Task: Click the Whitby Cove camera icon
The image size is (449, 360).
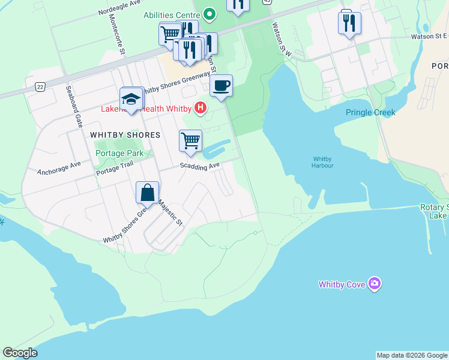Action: [375, 283]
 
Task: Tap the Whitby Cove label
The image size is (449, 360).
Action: [342, 284]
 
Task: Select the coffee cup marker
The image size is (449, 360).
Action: [221, 86]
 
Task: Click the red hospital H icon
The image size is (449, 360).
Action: [201, 109]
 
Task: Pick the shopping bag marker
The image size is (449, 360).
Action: [147, 193]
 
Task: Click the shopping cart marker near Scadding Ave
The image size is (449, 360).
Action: [190, 141]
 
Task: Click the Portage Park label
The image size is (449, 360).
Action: [119, 153]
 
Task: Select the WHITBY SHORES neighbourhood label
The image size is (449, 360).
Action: [125, 135]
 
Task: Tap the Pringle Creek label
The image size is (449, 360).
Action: [370, 112]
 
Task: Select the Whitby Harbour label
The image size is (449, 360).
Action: [322, 162]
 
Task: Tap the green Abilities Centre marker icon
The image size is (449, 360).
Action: [209, 13]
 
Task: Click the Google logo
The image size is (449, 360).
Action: [20, 353]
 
